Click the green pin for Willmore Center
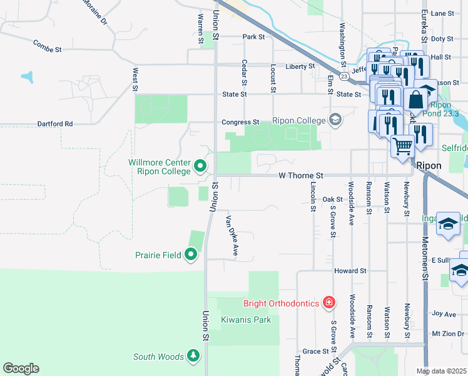200,166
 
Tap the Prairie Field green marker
191,254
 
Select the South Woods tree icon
193,357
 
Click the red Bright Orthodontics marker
329,303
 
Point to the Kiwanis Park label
246,320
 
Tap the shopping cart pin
403,147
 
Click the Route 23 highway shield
344,76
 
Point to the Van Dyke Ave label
232,236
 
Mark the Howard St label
350,271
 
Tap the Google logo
21,368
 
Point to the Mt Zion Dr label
445,333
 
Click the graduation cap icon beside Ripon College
335,120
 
